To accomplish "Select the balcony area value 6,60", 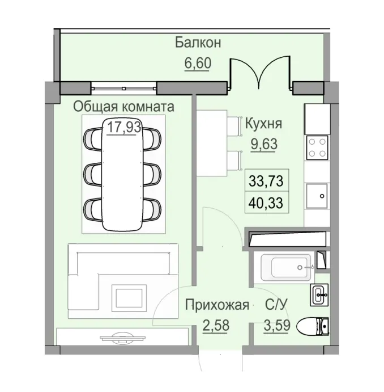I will [197, 62].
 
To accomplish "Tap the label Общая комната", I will [124, 106].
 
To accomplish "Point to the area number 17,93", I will [123, 127].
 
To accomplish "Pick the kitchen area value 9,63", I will [264, 144].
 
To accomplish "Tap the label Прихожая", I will [217, 306].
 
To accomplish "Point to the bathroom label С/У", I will [276, 306].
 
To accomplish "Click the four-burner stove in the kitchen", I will [317, 148].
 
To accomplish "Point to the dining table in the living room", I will [123, 173].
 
